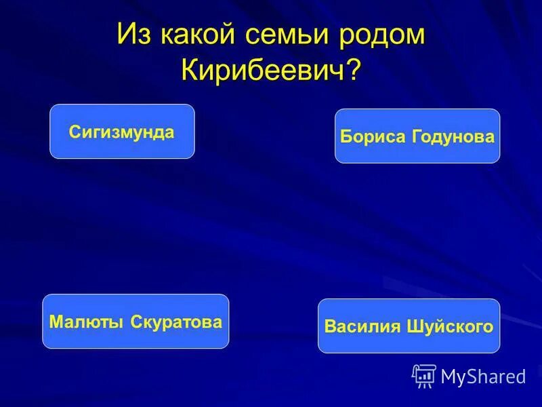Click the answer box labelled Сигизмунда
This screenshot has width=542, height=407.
click(122, 132)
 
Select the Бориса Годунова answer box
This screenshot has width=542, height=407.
click(417, 136)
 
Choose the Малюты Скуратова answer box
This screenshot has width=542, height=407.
click(135, 322)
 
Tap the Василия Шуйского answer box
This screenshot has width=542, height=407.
click(409, 326)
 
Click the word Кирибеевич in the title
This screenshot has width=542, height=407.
click(264, 69)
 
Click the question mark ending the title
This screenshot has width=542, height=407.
click(352, 69)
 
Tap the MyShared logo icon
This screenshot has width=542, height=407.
click(424, 375)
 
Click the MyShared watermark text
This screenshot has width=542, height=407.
click(483, 376)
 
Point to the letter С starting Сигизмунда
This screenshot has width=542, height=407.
click(73, 132)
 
